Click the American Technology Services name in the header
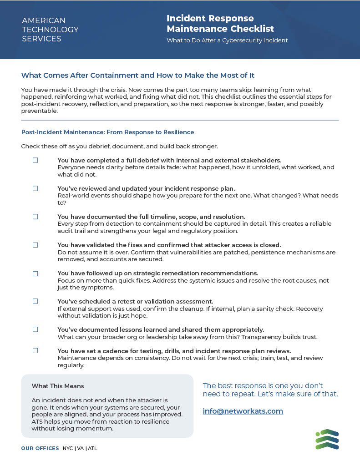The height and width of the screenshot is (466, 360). (x=50, y=30)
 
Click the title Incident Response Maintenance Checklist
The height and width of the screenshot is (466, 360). (x=220, y=24)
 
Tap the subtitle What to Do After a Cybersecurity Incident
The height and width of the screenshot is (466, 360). (x=227, y=40)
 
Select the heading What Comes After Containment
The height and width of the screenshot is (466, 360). (x=141, y=75)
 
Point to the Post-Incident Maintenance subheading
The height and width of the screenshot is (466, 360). (x=107, y=132)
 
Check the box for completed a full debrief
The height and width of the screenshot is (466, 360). (x=35, y=160)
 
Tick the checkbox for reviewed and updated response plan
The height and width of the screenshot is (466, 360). (x=35, y=188)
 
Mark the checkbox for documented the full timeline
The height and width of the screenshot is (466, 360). (x=35, y=217)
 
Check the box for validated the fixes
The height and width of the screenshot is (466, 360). (x=35, y=245)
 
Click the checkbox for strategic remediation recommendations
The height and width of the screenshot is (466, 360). (x=35, y=274)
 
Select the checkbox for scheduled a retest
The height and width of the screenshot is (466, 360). (x=35, y=301)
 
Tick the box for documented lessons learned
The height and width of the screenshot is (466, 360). (x=35, y=329)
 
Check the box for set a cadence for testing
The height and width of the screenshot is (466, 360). (x=35, y=351)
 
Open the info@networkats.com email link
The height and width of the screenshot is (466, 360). (x=243, y=411)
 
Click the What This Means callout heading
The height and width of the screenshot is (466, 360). (x=58, y=386)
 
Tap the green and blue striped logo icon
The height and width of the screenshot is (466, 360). (x=327, y=439)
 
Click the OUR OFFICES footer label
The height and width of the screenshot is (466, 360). (x=40, y=448)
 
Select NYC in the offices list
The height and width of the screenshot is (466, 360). (x=68, y=448)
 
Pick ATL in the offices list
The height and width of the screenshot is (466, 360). (x=92, y=448)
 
